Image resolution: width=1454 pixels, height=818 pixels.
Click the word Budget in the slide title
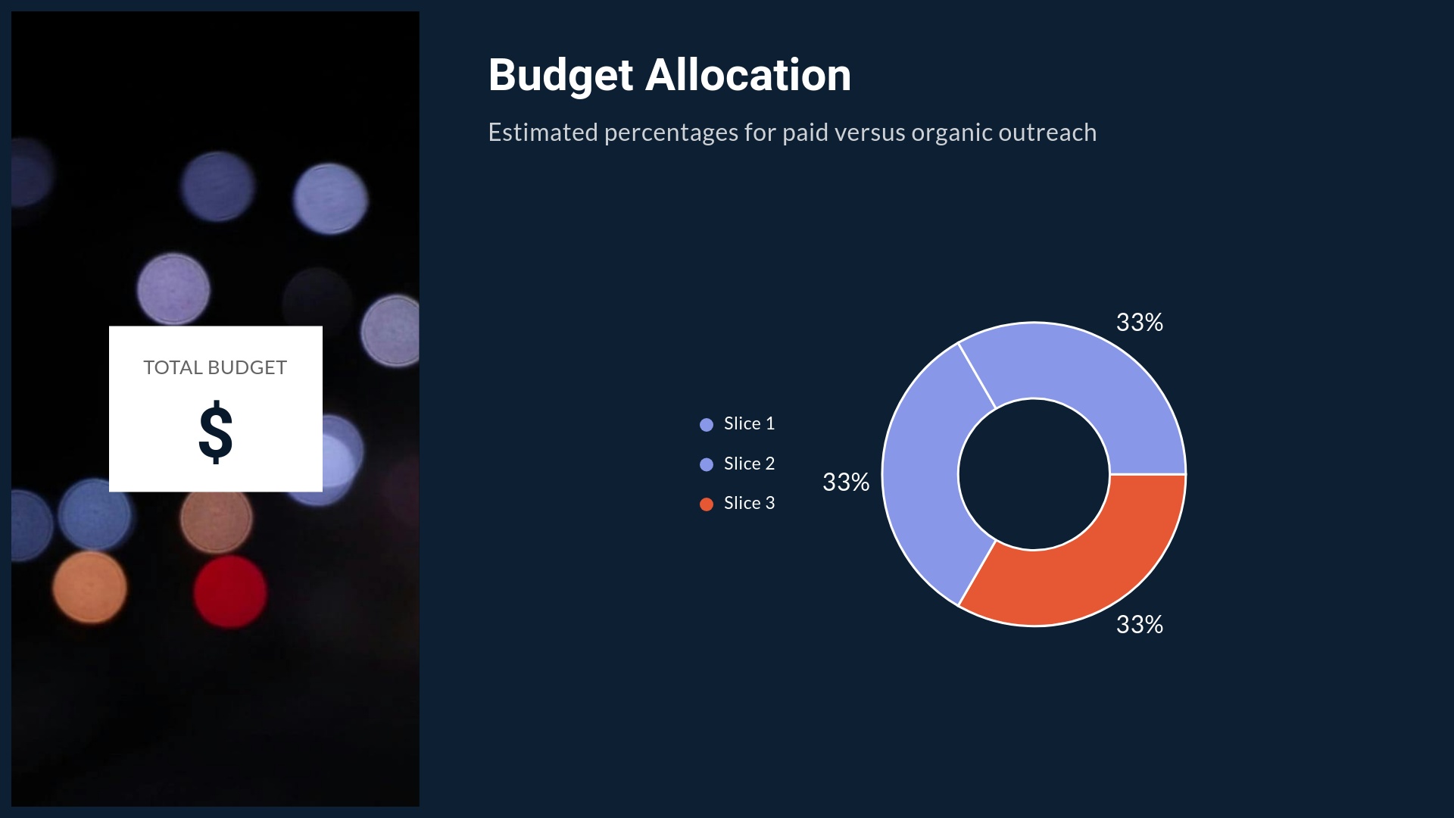[560, 76]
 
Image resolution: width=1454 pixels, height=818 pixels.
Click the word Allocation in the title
[748, 76]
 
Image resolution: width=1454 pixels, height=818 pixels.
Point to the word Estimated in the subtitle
[542, 133]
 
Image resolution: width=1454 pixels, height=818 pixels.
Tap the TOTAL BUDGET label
[215, 368]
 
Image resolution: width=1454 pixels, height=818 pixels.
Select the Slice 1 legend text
[749, 423]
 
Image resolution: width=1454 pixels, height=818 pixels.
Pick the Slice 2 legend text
[749, 464]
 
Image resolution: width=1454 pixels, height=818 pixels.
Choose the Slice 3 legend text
[749, 503]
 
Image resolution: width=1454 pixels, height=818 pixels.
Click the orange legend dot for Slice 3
[707, 504]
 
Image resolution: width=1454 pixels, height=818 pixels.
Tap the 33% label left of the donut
[846, 482]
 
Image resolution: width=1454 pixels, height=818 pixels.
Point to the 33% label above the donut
[1139, 323]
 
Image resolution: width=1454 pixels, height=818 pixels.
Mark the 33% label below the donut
[1139, 625]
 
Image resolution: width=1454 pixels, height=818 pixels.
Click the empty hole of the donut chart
[1034, 474]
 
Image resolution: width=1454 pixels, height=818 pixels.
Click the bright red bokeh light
[229, 592]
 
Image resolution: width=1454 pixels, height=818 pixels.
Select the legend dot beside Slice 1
[707, 425]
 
